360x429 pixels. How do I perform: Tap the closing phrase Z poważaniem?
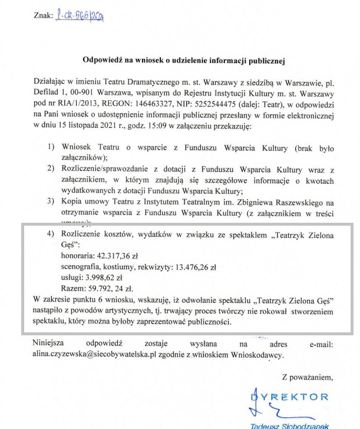tap(308, 377)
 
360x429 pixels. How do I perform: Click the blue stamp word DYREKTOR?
tap(298, 397)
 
